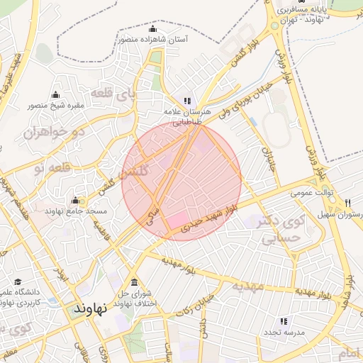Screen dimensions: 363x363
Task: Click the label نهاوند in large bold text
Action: [90, 310]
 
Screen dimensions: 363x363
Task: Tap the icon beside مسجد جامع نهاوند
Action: [76, 201]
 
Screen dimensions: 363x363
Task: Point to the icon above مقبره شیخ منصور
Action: [56, 95]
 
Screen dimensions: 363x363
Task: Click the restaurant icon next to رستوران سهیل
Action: [347, 203]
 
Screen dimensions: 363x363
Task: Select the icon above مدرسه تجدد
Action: [284, 321]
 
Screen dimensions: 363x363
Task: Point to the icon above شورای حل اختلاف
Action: [135, 283]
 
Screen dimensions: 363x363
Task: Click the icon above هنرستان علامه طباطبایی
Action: [187, 101]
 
